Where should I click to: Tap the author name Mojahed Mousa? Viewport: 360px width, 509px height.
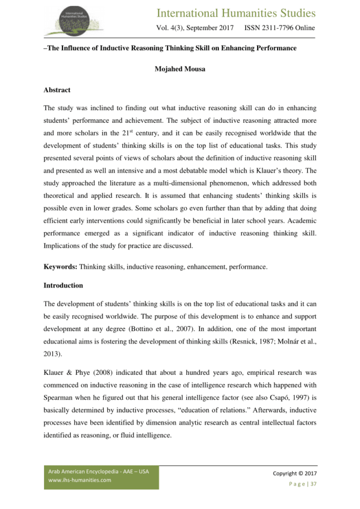(179, 68)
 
